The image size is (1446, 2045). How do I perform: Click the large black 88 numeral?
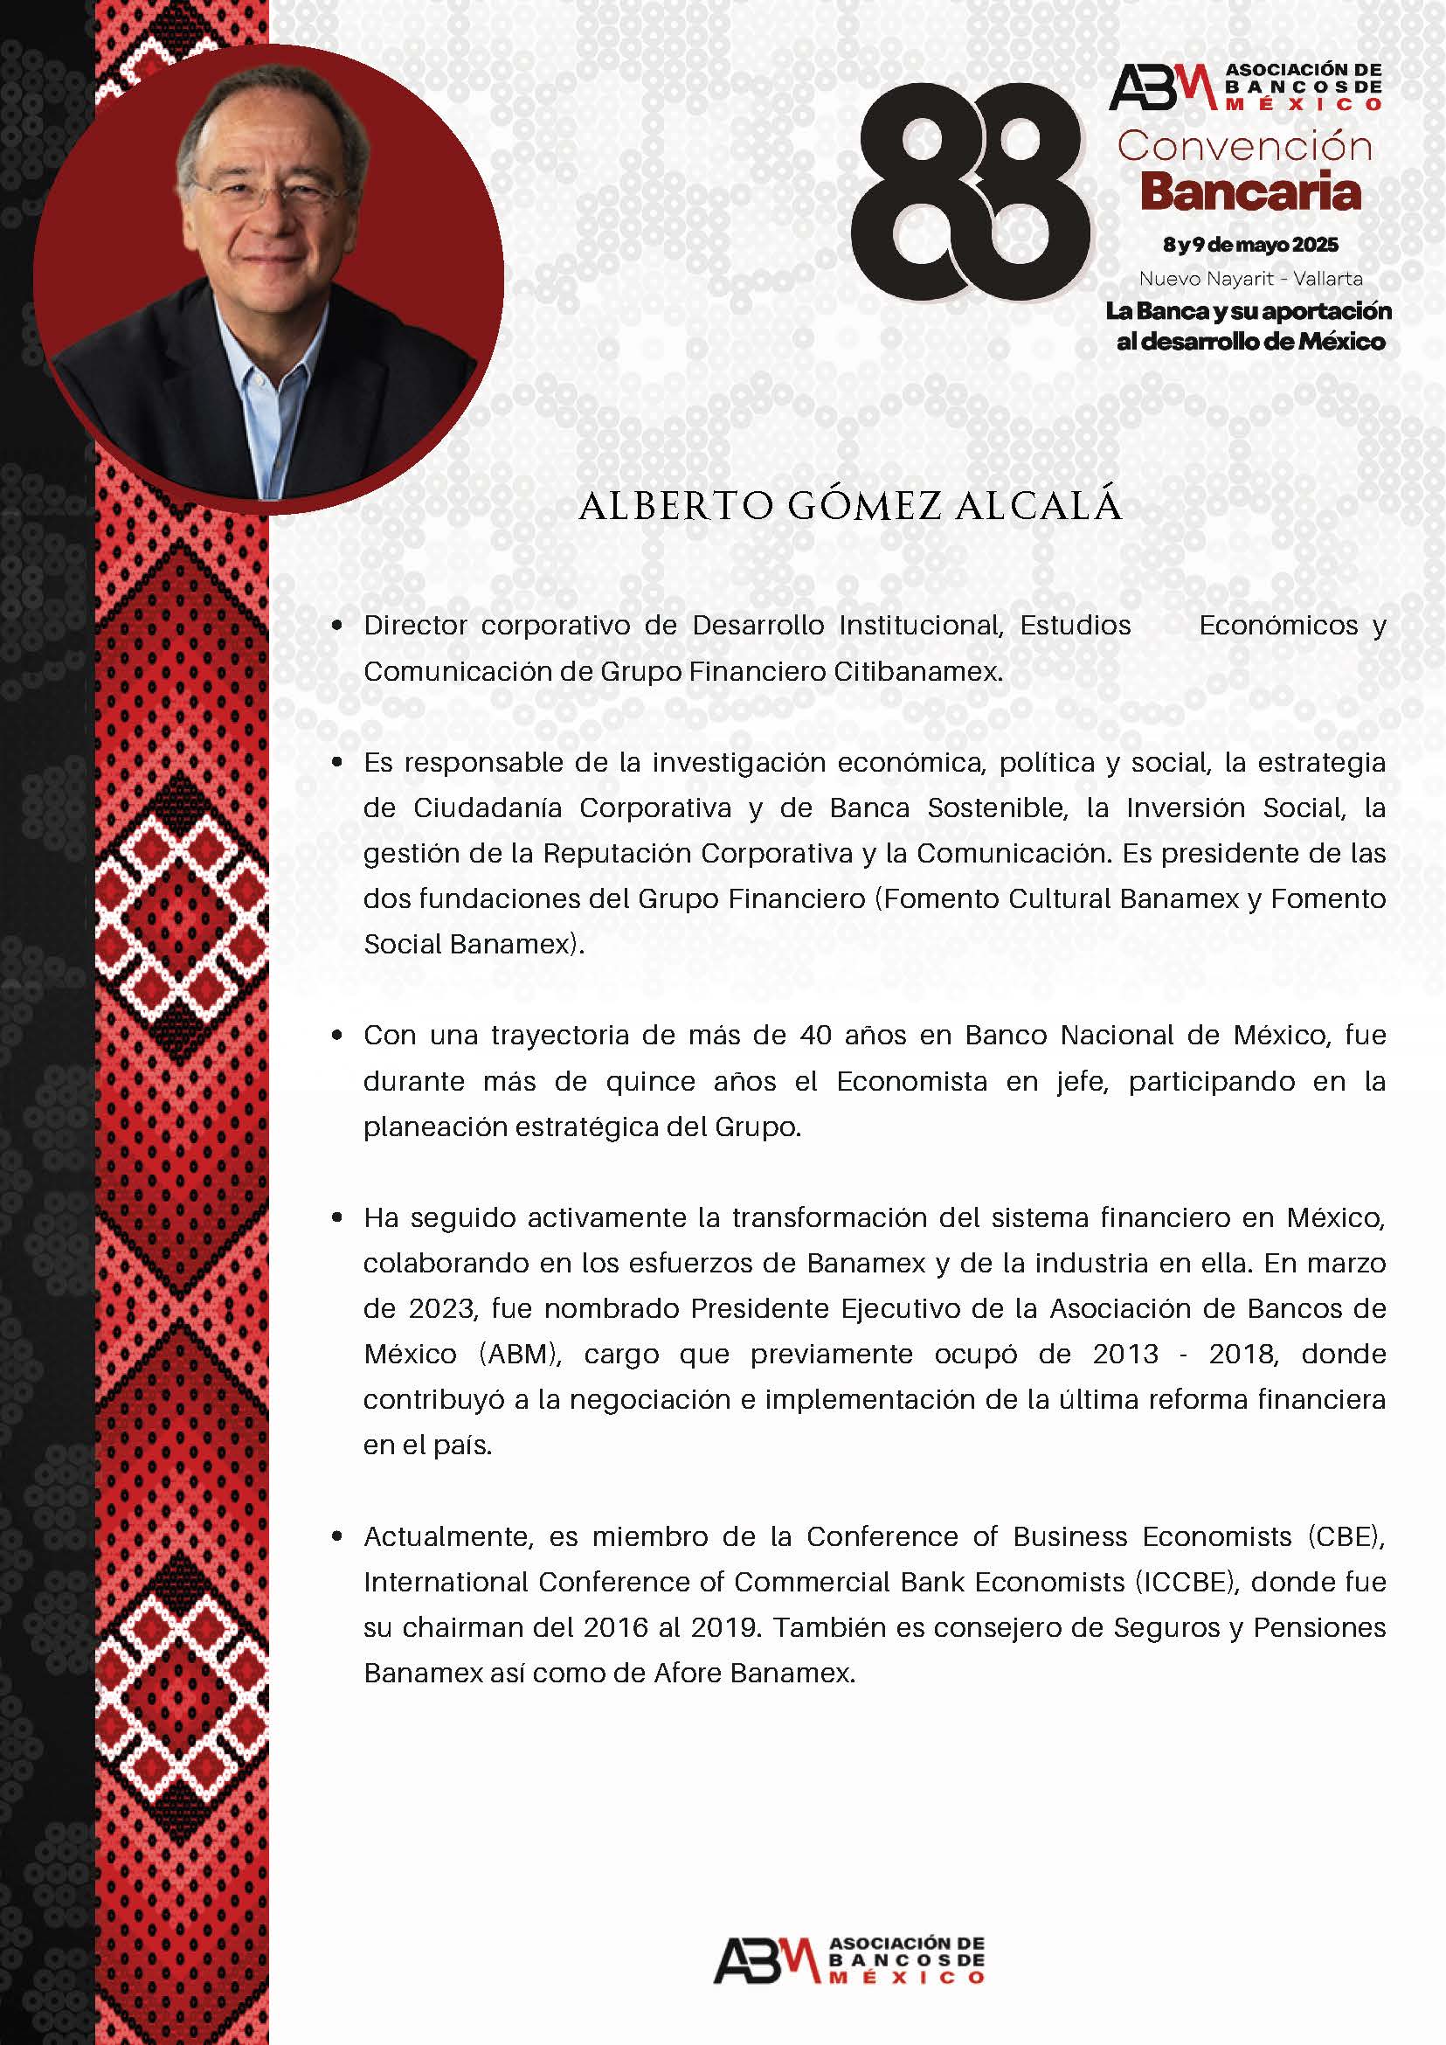(970, 191)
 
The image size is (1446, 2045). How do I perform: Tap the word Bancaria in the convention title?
(1250, 192)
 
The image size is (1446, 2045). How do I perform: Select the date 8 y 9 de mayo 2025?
(1250, 244)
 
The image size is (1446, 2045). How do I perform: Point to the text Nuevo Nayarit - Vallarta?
(1250, 279)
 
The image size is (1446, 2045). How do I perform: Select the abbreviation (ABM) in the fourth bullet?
(521, 1354)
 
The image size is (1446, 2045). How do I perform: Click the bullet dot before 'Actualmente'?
(336, 1536)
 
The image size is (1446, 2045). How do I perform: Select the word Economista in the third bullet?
(912, 1081)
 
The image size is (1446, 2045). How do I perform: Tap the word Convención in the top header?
(1245, 147)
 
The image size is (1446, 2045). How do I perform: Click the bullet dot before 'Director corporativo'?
(336, 625)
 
